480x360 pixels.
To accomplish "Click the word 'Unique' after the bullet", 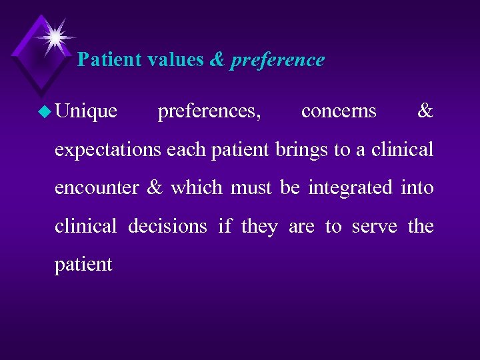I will (x=87, y=111).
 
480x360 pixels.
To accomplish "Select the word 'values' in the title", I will (x=176, y=60).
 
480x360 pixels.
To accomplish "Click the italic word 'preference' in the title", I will (x=277, y=60).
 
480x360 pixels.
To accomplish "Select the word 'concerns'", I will (x=339, y=111).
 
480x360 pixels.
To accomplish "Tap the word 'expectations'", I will (x=108, y=150).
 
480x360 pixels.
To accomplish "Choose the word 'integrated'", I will (x=350, y=188).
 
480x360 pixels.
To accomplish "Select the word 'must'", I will (x=253, y=188).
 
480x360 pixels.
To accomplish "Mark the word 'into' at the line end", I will (x=417, y=188).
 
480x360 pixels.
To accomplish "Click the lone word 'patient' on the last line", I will (x=83, y=265).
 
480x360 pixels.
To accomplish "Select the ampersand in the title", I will (x=217, y=60).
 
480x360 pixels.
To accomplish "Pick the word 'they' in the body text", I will (x=259, y=227).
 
